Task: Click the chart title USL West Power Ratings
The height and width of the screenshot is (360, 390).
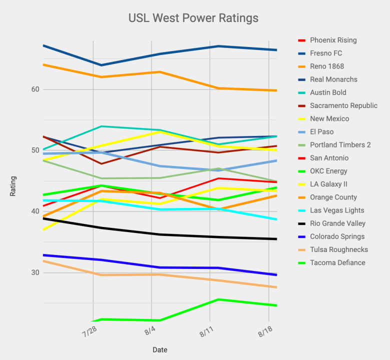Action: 193,18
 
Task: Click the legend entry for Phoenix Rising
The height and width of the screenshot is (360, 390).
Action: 333,40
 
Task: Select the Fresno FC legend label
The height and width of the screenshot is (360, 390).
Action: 326,53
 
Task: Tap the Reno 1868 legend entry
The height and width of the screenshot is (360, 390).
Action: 326,66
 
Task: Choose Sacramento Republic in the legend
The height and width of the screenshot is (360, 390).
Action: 343,106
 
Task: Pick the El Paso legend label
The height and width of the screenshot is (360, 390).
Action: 321,132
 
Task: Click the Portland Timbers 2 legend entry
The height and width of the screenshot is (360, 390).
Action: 340,145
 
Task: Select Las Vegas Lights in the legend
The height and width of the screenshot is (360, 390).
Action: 337,210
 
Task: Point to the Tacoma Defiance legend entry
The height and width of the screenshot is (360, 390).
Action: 337,263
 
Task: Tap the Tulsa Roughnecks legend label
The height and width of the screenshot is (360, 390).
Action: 338,250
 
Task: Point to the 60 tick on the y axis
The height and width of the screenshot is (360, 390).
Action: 35,89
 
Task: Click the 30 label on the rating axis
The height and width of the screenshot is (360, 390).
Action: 35,272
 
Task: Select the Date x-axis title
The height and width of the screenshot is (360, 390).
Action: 160,349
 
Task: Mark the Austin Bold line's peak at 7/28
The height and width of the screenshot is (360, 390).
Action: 101,126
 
